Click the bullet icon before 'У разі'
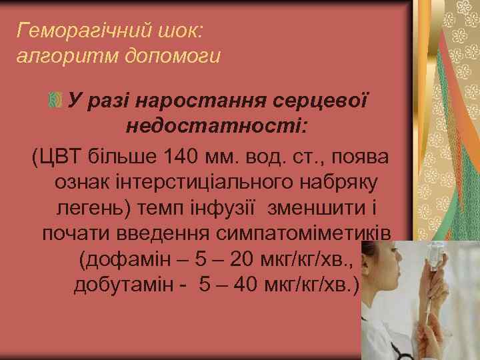pyautogui.click(x=55, y=101)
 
